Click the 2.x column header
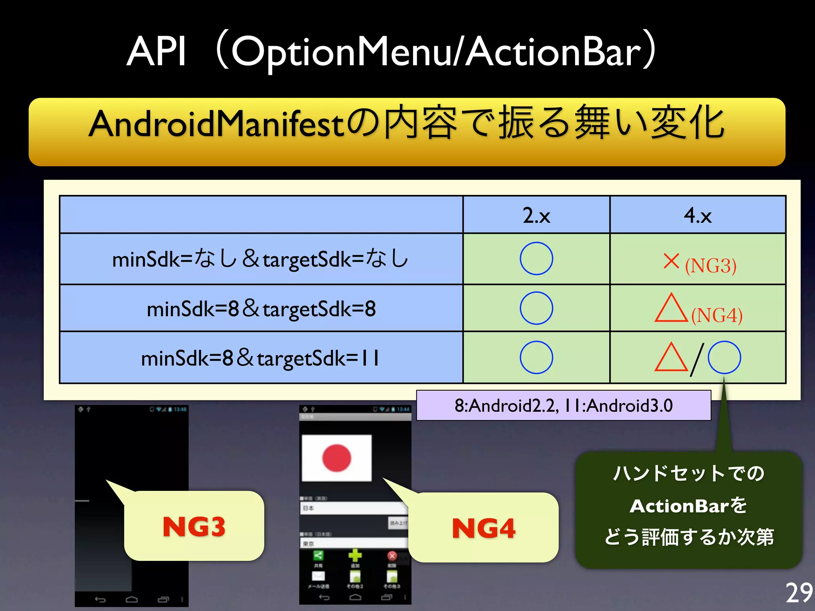536,215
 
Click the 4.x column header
697,215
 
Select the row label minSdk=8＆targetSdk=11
261,358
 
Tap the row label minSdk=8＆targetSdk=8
261,309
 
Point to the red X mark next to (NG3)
671,261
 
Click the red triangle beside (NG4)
671,309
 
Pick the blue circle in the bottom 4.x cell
724,357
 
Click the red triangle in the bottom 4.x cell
671,358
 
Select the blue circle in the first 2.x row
536,259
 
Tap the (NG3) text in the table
710,265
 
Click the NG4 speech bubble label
484,528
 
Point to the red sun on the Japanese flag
336,458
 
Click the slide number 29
799,593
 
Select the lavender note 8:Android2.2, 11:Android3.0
563,405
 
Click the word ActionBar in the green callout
680,506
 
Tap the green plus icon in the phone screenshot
355,555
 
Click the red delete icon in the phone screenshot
392,556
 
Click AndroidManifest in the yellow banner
217,124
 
